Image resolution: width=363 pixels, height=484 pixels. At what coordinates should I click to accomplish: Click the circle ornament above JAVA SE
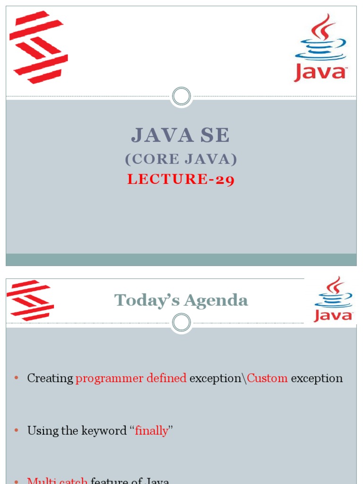tap(181, 96)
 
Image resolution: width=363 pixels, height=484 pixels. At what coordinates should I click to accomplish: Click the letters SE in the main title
tap(215, 136)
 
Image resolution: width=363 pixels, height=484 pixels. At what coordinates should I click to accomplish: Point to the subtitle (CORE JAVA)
tap(181, 160)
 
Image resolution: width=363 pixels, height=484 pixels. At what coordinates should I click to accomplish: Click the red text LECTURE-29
tap(181, 180)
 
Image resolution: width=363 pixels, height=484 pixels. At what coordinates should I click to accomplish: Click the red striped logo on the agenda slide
tap(30, 300)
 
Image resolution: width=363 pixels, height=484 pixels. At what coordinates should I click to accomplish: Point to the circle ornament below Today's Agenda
tap(181, 323)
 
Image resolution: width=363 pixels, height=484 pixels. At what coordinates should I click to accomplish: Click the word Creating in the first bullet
tap(50, 379)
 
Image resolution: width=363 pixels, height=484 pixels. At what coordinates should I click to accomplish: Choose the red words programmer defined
tap(131, 379)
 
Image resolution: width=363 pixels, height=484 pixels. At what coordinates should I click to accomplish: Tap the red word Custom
tap(267, 379)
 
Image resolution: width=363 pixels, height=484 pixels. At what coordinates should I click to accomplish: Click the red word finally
tap(151, 431)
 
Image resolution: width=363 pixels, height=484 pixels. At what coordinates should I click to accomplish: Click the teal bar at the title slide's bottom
tap(181, 259)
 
